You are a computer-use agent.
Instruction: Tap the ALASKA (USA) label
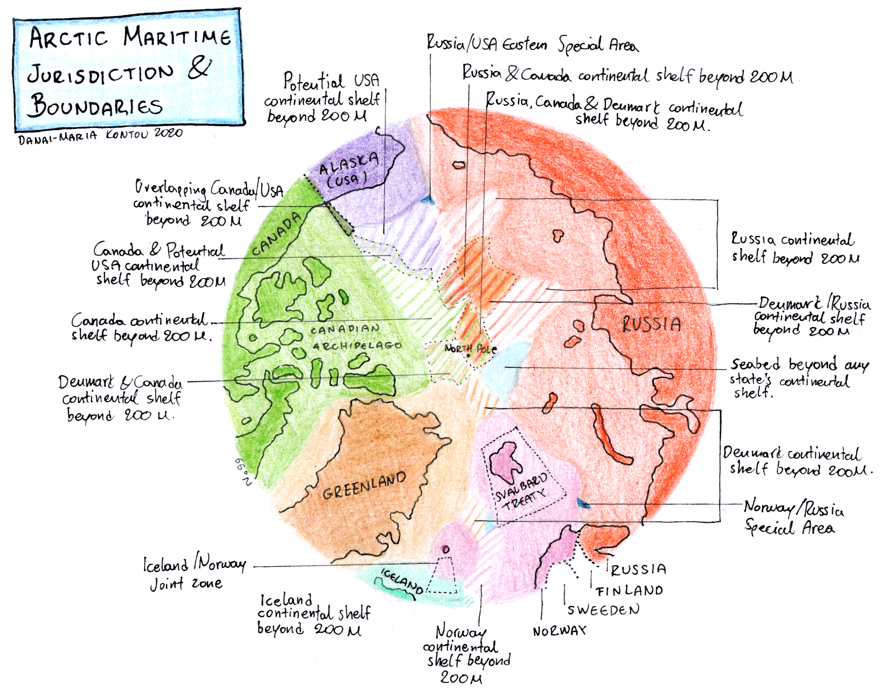click(348, 170)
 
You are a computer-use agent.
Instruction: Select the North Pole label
click(470, 349)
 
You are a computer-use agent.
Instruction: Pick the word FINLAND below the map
click(629, 591)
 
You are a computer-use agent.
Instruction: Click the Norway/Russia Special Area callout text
click(793, 518)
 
